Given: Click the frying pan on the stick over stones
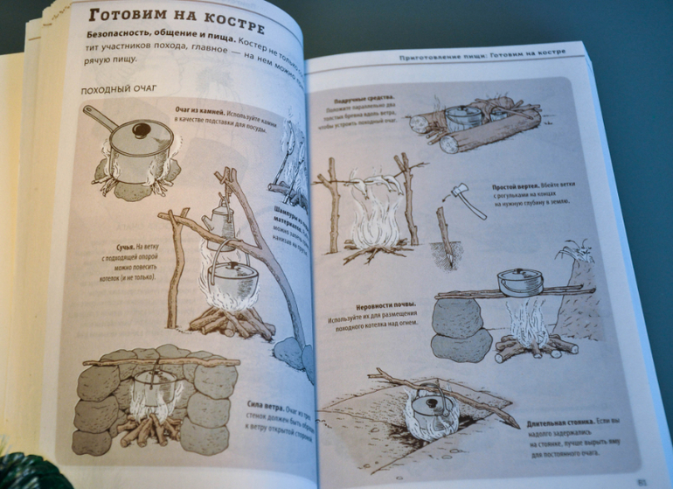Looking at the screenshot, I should [x=520, y=283].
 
